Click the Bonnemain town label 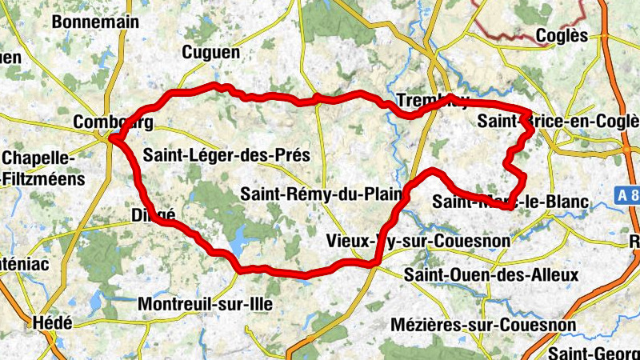pos(95,22)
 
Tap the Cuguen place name pos(211,53)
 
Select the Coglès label pos(562,36)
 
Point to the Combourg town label pos(112,122)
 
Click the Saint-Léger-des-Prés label pos(226,155)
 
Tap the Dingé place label pos(152,214)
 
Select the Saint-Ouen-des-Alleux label pos(490,275)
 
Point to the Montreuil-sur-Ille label pos(206,304)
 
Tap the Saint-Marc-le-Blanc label pos(510,202)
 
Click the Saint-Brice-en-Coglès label pos(558,122)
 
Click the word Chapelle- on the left pos(40,158)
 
